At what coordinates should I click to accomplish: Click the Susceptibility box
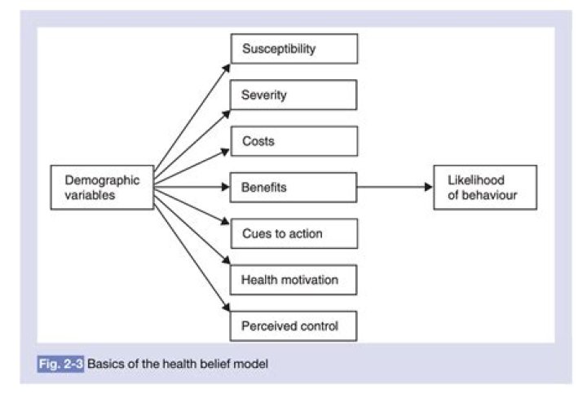pos(294,49)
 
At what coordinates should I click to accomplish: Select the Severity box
pos(294,95)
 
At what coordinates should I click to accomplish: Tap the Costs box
pos(294,141)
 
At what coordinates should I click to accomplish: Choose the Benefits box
pos(294,188)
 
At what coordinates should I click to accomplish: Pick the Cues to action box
pos(294,234)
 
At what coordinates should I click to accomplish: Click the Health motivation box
pos(294,281)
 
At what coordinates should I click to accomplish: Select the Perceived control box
pos(294,326)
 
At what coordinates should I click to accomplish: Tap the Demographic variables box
pos(102,188)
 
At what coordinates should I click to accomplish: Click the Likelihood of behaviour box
pos(485,188)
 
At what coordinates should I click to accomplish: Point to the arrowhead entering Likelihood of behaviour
pos(427,188)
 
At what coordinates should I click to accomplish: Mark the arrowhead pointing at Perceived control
pos(227,312)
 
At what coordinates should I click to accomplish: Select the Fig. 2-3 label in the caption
pos(60,363)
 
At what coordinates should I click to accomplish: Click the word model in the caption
pos(252,363)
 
